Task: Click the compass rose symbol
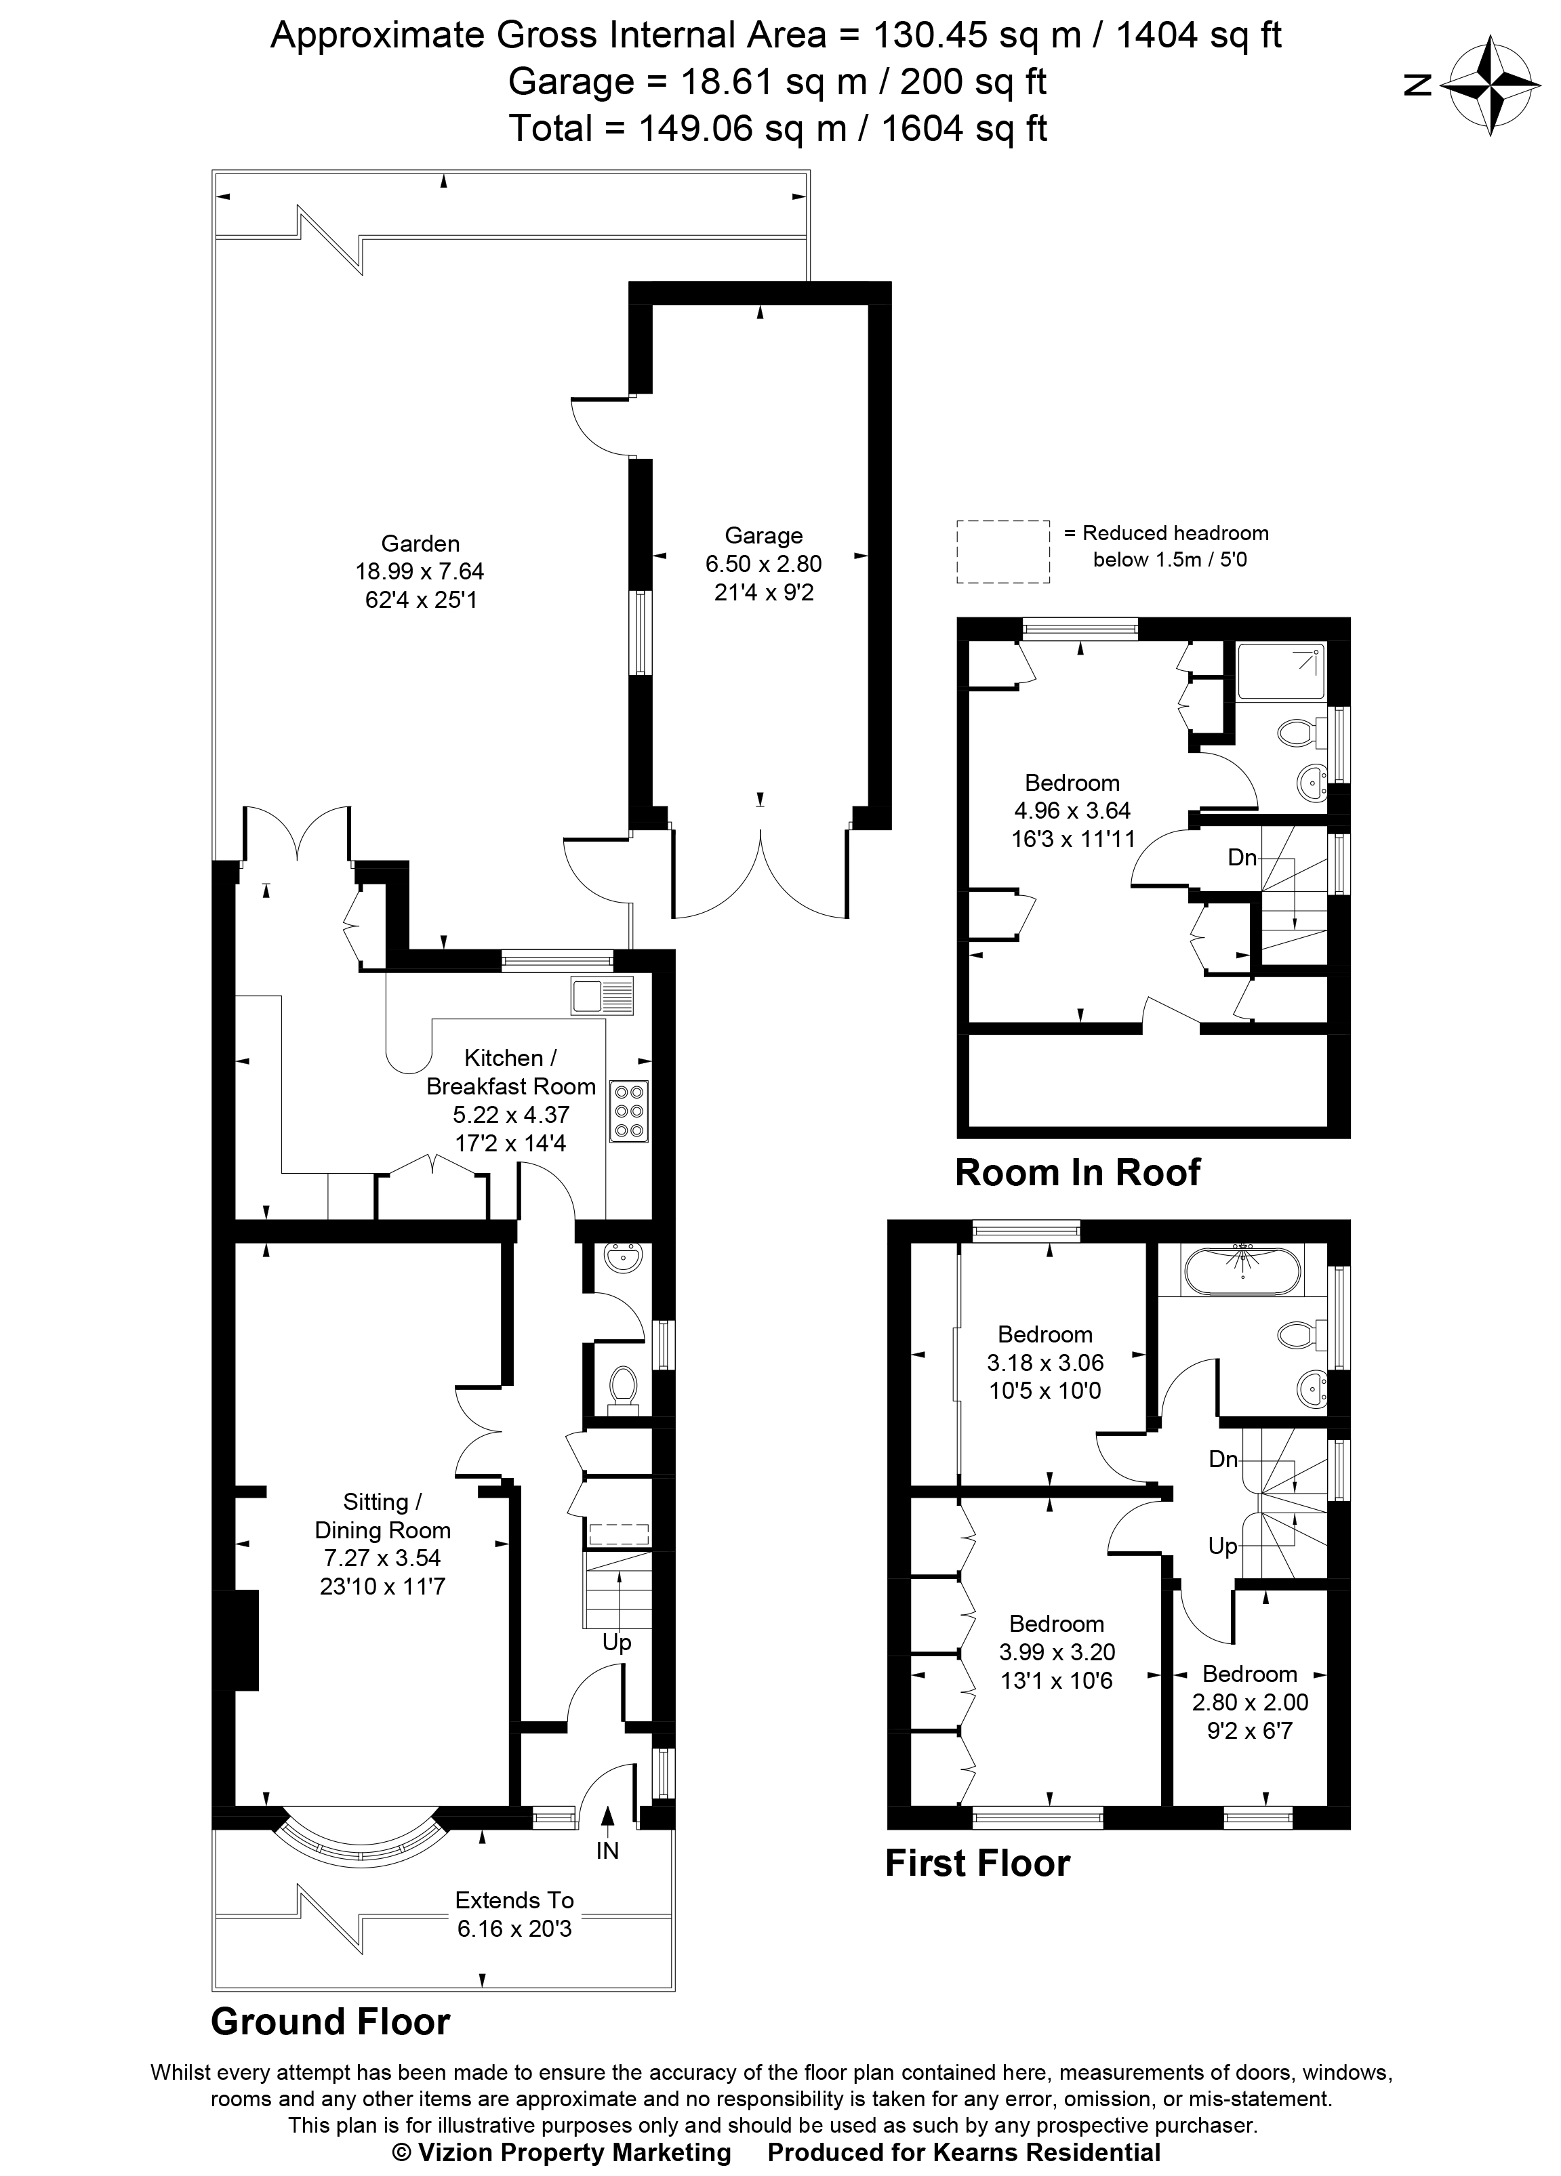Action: [x=1492, y=85]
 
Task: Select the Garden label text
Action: [x=420, y=544]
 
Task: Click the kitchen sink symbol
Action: [x=602, y=996]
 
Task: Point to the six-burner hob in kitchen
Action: [x=628, y=1112]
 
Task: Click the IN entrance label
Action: [x=607, y=1851]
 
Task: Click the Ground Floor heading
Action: [x=330, y=2021]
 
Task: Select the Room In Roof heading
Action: [x=1076, y=1172]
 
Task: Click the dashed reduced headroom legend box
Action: [x=1002, y=552]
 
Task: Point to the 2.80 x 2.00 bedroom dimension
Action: [x=1249, y=1702]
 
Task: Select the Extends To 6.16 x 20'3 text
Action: [x=514, y=1914]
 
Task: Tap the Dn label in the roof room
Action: [x=1242, y=857]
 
